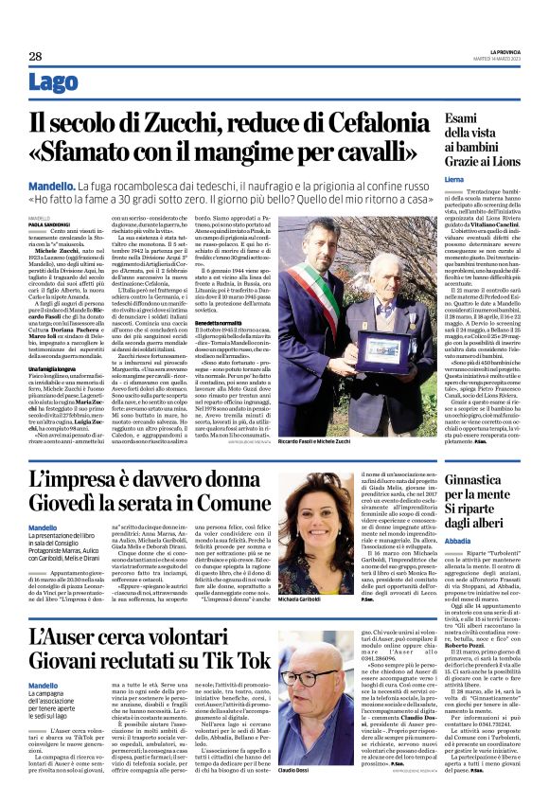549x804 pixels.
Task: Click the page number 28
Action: [35, 57]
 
